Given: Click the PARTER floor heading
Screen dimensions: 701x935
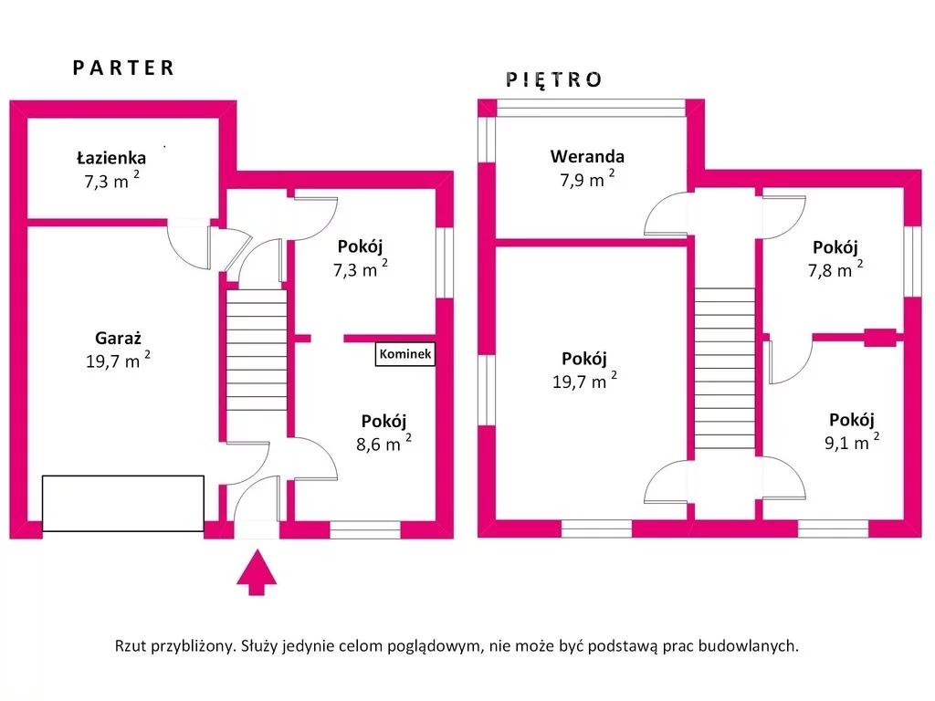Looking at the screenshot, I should [x=123, y=68].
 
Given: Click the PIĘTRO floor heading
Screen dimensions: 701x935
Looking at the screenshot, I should [x=554, y=79].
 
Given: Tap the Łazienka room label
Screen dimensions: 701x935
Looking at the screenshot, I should [x=110, y=158].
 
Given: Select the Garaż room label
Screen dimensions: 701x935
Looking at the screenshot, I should [x=118, y=337].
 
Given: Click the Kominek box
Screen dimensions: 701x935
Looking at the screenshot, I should [x=405, y=353].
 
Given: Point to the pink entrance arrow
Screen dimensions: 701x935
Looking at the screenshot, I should [x=257, y=571].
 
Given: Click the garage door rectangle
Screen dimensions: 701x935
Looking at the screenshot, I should [x=123, y=503].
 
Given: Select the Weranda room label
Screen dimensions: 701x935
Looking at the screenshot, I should [x=587, y=156].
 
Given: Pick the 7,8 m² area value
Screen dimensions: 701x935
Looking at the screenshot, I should [x=835, y=270].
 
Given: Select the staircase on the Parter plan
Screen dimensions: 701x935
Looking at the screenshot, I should [x=257, y=351].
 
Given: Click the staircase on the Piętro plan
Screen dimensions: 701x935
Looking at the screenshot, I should [x=724, y=369].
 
